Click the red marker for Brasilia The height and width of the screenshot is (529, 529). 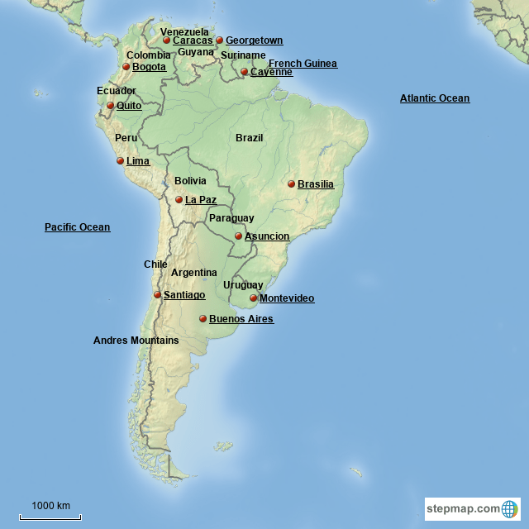(x=291, y=183)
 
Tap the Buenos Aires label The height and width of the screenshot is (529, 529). (x=241, y=319)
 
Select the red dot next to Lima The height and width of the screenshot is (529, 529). (x=120, y=161)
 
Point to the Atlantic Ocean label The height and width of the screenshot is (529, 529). (x=434, y=98)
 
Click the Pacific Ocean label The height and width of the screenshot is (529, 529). (x=77, y=227)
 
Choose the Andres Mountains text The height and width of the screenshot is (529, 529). (x=136, y=341)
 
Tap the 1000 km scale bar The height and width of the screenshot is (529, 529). (x=50, y=514)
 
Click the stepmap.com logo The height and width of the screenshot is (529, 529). (x=472, y=508)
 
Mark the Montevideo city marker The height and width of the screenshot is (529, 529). (x=253, y=298)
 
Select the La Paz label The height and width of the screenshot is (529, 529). (x=200, y=200)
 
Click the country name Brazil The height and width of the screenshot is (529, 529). (x=249, y=138)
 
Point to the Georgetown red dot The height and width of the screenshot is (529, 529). (x=219, y=40)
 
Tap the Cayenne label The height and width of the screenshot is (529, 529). (x=271, y=72)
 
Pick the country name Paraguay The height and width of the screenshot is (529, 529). (x=231, y=218)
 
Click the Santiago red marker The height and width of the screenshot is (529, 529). (x=157, y=294)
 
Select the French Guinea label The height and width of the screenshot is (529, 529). (x=303, y=64)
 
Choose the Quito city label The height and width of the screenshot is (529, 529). (x=128, y=106)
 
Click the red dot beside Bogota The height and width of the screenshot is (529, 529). (x=126, y=67)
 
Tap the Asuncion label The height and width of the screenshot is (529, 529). (x=267, y=236)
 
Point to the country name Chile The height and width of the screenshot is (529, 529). (x=155, y=264)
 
